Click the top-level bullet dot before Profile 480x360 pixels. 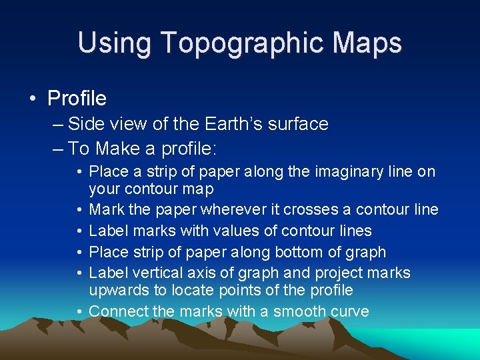(33, 99)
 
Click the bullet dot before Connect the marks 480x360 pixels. (80, 311)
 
